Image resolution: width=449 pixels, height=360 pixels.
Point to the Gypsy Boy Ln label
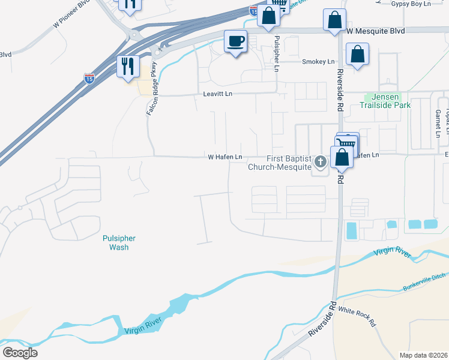click(411, 4)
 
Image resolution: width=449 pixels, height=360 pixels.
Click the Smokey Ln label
click(318, 62)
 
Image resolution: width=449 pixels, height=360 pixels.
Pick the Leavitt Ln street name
click(217, 95)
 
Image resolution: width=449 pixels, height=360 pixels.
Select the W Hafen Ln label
click(225, 157)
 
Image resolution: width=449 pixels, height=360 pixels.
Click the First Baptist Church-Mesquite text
click(280, 163)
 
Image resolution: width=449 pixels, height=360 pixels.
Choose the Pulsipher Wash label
click(115, 242)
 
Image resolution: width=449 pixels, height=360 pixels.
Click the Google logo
click(20, 353)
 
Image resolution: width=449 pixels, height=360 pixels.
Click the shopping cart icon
click(347, 143)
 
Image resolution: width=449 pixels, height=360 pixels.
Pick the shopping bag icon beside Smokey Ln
click(357, 54)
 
